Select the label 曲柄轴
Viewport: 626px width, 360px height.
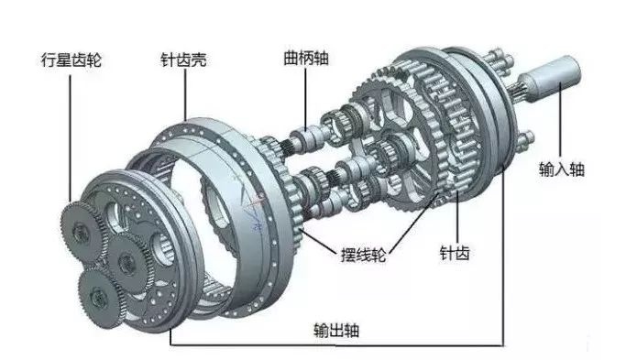coord(304,58)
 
